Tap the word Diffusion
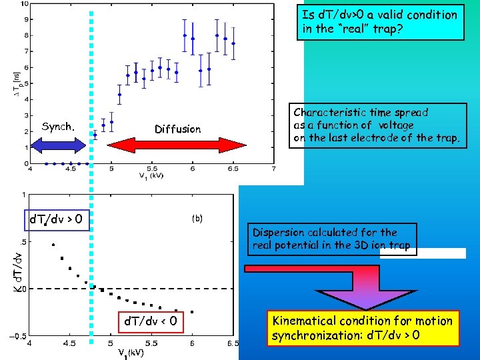[177, 129]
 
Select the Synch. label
[58, 126]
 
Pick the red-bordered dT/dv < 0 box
[151, 323]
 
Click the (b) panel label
[197, 218]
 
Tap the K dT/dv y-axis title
[20, 271]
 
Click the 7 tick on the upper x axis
[273, 169]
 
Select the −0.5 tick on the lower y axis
[18, 337]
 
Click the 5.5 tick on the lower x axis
[151, 344]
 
